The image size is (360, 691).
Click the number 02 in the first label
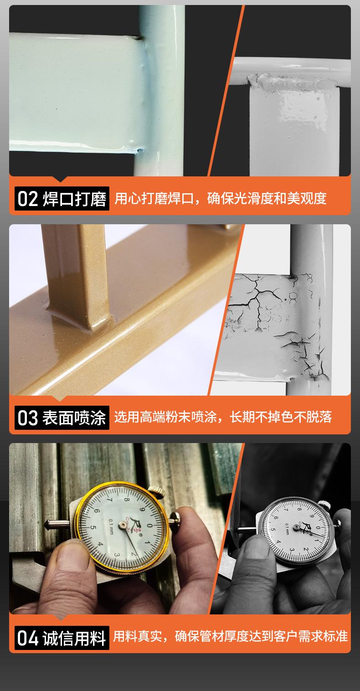(x=27, y=199)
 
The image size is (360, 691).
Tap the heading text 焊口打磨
(x=74, y=199)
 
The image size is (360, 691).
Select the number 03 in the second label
(x=27, y=418)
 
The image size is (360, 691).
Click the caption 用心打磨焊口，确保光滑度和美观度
(x=221, y=198)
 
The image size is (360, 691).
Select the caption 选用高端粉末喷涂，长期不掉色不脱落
(x=223, y=417)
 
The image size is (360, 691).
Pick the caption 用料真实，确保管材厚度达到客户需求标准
(x=231, y=636)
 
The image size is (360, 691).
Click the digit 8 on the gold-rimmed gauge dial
(x=127, y=500)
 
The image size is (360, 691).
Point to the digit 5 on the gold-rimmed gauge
(x=93, y=527)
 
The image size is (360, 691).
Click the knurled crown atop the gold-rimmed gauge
(x=157, y=491)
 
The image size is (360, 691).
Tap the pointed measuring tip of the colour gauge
(x=49, y=524)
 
